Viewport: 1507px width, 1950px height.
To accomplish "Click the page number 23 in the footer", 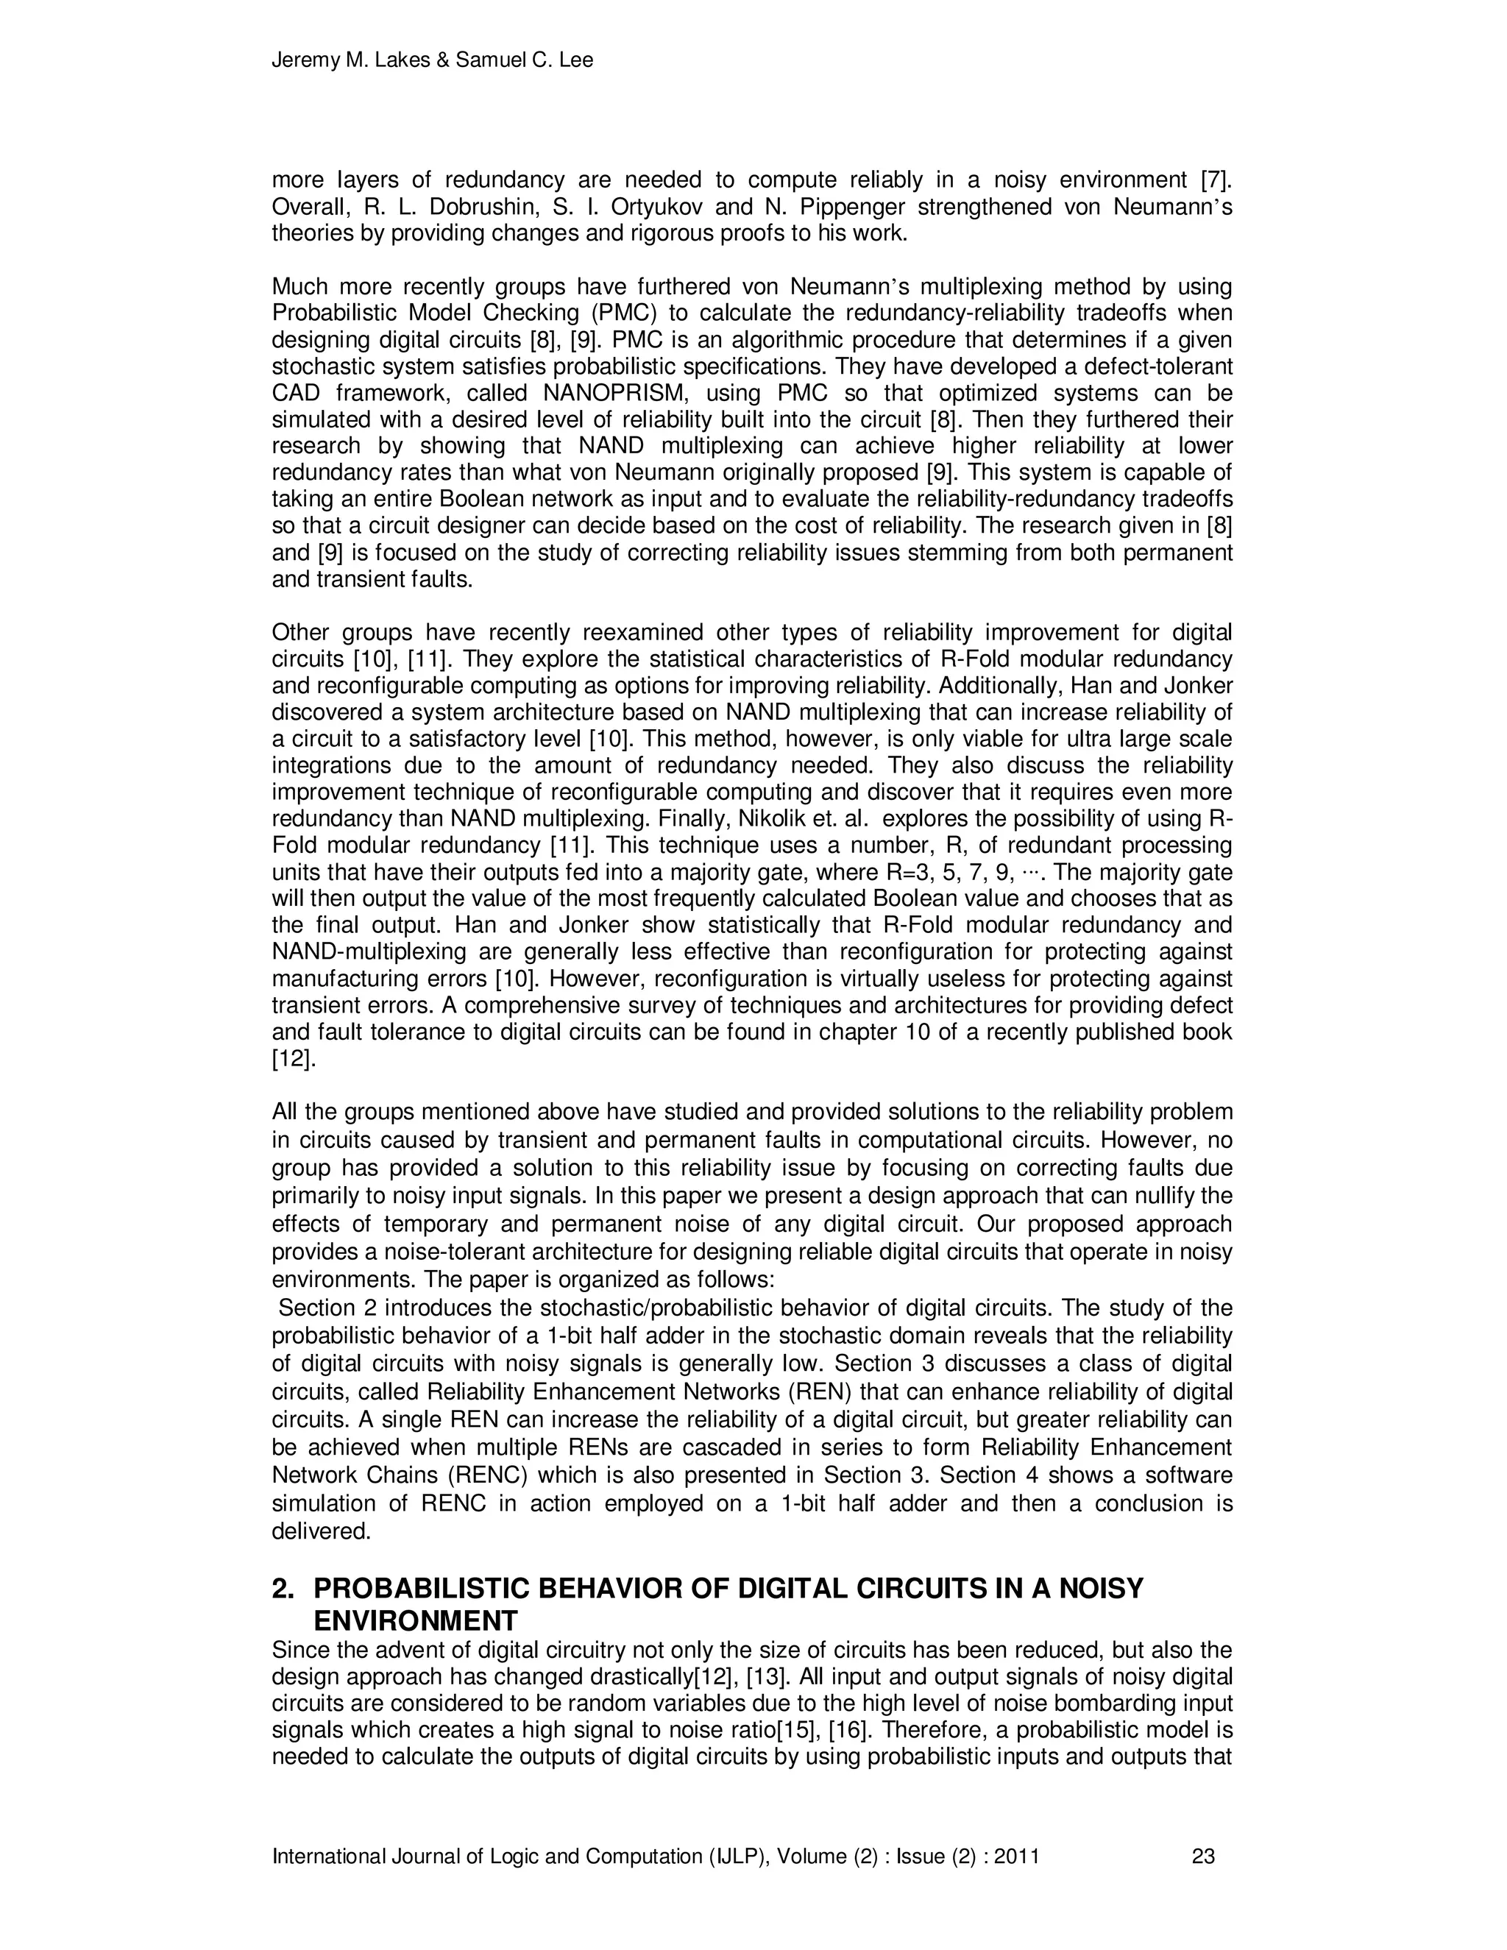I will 1202,1857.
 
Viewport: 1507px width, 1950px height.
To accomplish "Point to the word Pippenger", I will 905,208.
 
